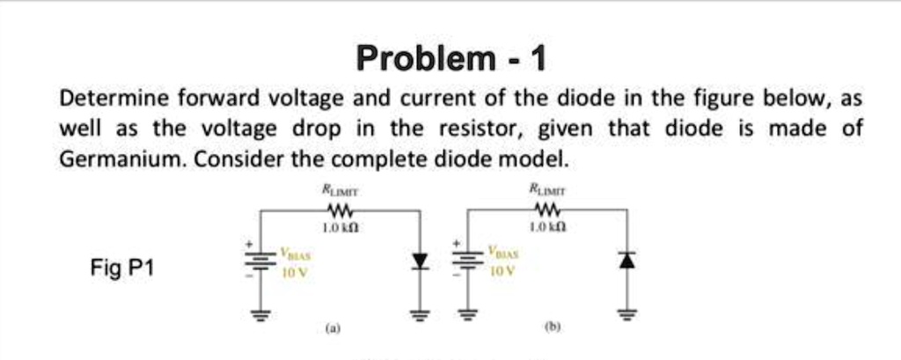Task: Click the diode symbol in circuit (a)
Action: [x=420, y=261]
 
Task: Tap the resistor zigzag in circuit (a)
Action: [x=340, y=210]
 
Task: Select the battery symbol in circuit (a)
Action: [x=260, y=261]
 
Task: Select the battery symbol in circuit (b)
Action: [x=466, y=261]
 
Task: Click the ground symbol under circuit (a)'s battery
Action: [x=260, y=311]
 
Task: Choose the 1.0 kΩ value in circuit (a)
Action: [x=340, y=227]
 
